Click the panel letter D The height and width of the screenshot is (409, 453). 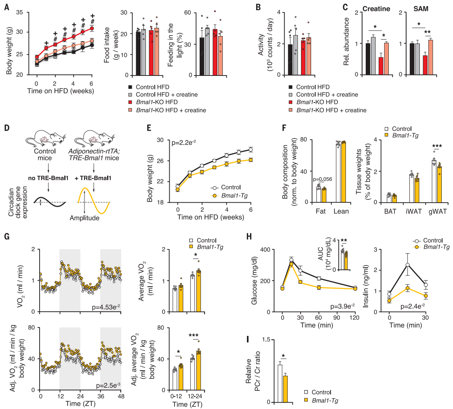pos(6,128)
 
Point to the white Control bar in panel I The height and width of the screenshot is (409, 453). pos(280,383)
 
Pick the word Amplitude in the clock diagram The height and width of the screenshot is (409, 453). pos(91,218)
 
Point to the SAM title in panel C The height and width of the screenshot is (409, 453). pos(422,8)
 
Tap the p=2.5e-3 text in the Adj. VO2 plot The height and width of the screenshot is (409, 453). pos(108,386)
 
